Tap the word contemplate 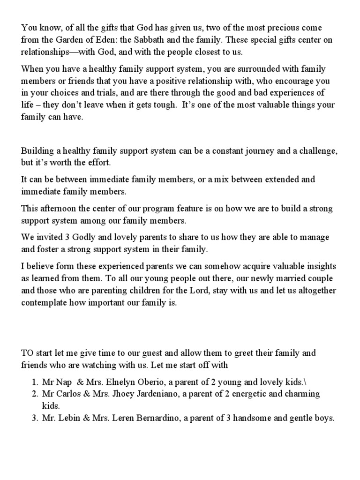point(45,303)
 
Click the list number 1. point(34,381)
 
